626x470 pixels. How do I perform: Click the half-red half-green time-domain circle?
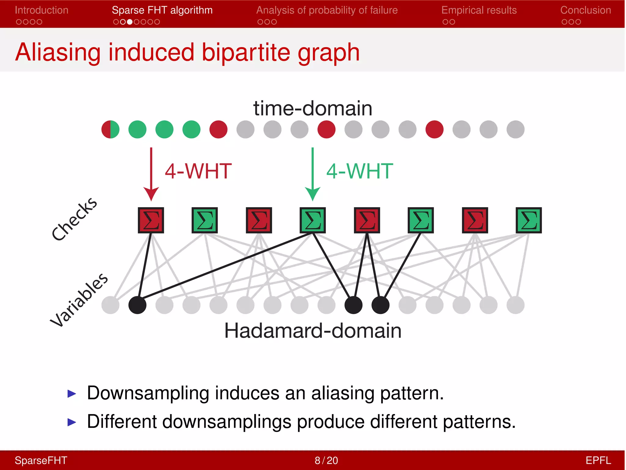coord(110,129)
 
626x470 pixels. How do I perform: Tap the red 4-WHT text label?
coord(198,171)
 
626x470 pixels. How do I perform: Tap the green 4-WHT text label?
coord(359,171)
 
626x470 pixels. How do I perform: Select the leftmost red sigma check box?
coord(151,220)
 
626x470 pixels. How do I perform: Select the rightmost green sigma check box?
coord(528,220)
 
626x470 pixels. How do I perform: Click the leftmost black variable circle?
coord(137,305)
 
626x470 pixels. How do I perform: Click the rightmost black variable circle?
coord(380,305)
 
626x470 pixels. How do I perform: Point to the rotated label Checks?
coord(74,219)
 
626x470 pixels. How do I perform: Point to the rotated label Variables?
coord(79,300)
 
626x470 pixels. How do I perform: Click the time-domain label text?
coord(313,108)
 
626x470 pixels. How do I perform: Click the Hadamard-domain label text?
coord(313,331)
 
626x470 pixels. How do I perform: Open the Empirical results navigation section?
coord(479,10)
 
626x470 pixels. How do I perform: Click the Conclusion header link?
coord(585,10)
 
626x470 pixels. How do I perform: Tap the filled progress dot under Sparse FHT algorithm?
coord(130,22)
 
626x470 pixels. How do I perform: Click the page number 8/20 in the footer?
coord(326,460)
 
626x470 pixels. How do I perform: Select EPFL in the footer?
coord(598,460)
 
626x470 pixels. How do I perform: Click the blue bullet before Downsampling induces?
coord(72,394)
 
